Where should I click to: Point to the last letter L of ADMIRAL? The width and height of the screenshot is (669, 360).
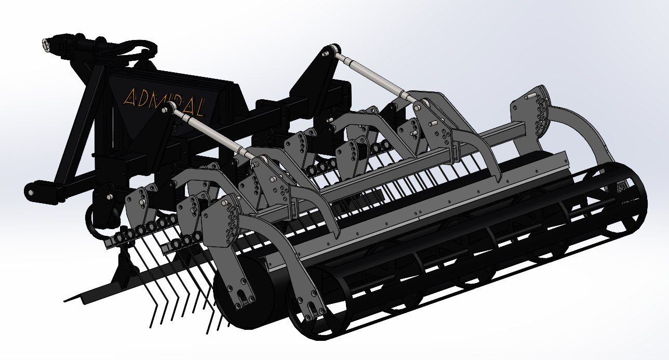[200, 108]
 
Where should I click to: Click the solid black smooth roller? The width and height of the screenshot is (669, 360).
[244, 292]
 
